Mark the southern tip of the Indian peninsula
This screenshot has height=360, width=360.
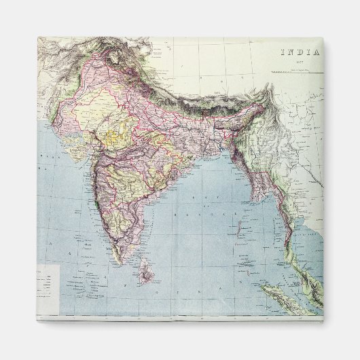pyautogui.click(x=120, y=262)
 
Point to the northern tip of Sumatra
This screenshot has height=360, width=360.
pyautogui.click(x=267, y=287)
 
